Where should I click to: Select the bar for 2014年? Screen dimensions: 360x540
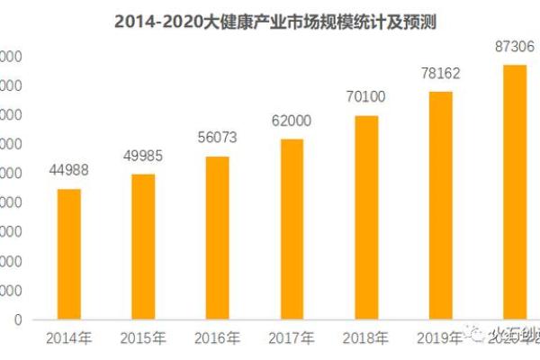point(69,254)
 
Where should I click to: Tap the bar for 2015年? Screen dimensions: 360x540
point(143,247)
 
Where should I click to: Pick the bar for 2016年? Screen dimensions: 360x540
point(217,238)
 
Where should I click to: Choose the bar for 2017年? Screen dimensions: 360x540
point(292,229)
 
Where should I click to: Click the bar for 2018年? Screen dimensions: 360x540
point(365,217)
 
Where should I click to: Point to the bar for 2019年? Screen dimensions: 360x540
point(440,205)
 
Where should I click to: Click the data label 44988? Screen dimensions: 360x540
point(69,171)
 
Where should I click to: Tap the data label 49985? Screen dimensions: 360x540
point(143,157)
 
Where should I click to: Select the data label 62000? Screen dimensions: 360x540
point(292,121)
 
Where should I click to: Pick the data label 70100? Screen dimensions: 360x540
point(365,97)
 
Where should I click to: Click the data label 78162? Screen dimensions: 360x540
point(440,74)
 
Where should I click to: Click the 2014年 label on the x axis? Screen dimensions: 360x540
point(69,338)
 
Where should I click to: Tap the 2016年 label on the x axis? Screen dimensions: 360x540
point(217,338)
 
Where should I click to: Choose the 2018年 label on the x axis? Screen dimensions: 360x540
point(365,338)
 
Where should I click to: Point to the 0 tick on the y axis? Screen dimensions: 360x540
point(17,319)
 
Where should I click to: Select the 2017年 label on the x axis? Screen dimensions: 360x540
point(292,338)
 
